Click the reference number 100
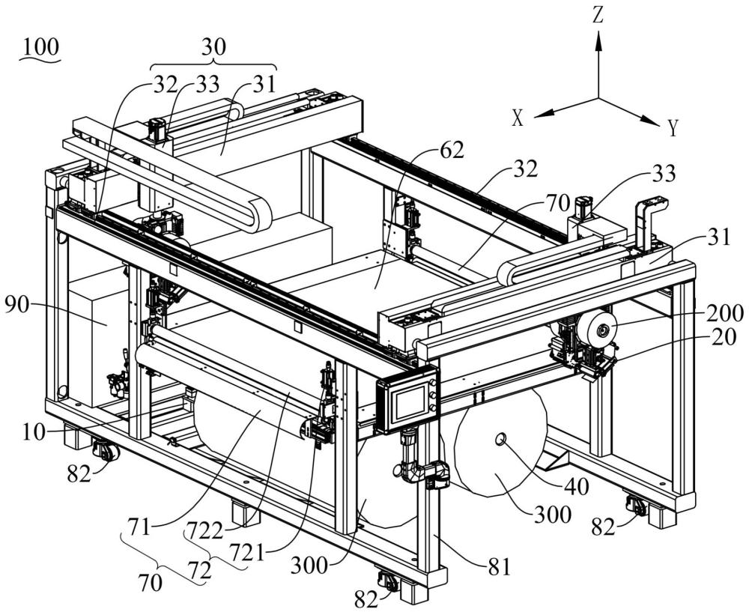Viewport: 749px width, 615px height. click(x=41, y=46)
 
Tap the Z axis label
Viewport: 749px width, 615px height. click(x=598, y=16)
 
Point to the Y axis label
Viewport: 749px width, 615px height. click(x=673, y=130)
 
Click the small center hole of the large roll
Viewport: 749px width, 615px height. click(x=500, y=437)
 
